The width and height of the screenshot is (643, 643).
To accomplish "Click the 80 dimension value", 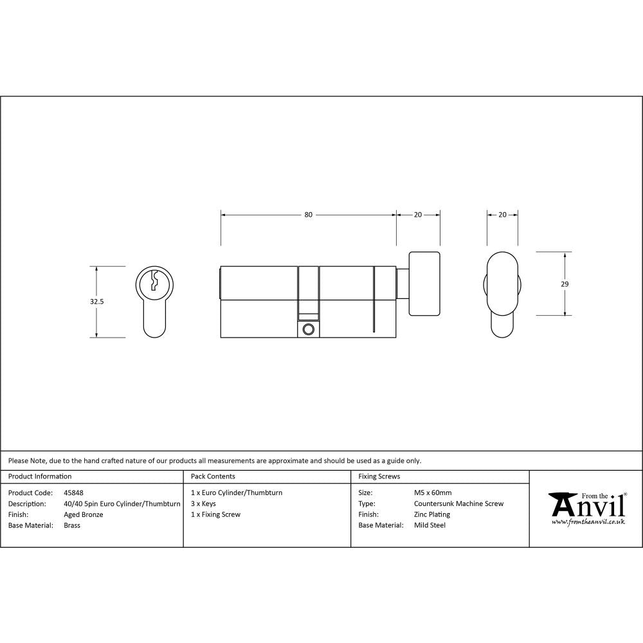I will point(309,215).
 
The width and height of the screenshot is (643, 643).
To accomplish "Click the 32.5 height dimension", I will point(97,301).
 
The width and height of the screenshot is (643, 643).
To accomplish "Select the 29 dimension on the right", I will point(565,284).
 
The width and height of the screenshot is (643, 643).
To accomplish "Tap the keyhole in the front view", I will point(154,282).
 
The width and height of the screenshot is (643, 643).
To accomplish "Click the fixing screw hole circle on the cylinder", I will point(308,329).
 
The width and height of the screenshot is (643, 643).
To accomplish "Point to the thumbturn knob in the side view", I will point(424,284).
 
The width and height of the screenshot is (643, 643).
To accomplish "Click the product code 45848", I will point(73,493).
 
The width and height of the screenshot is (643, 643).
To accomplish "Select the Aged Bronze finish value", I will point(84,514).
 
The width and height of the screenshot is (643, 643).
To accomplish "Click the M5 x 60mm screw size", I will point(433,493).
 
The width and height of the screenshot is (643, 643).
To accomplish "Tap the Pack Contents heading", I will point(213,476).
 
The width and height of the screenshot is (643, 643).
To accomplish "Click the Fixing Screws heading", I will point(379,476).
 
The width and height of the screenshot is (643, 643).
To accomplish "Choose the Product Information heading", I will point(40,476).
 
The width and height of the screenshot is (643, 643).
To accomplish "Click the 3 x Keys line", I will point(203,503).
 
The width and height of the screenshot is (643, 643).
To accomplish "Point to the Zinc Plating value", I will point(432,514).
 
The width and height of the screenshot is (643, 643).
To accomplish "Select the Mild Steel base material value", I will point(430,525).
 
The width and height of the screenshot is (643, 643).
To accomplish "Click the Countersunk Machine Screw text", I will point(458,503).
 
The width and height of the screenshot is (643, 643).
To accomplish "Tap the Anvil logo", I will point(586,505).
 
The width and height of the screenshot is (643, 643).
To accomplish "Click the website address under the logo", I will point(588,522).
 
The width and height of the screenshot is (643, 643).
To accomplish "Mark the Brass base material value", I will point(72,525).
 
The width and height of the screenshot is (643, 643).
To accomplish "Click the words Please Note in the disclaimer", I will point(26,460).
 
